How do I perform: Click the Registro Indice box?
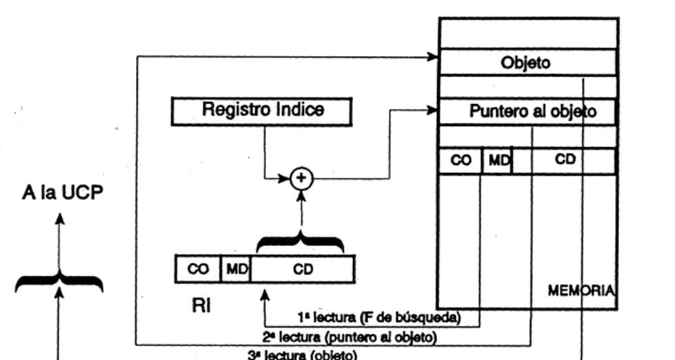pyautogui.click(x=261, y=111)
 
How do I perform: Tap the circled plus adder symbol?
pyautogui.click(x=301, y=179)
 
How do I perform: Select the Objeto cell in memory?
pyautogui.click(x=526, y=62)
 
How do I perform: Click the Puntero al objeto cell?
pyautogui.click(x=532, y=112)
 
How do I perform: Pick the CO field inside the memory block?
pyautogui.click(x=461, y=160)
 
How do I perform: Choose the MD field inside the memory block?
pyautogui.click(x=498, y=160)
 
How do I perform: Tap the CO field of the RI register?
pyautogui.click(x=198, y=270)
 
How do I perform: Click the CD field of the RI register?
pyautogui.click(x=303, y=270)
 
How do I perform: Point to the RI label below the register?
pyautogui.click(x=201, y=304)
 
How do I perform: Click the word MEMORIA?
pyautogui.click(x=581, y=290)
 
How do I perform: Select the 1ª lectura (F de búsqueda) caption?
pyautogui.click(x=379, y=318)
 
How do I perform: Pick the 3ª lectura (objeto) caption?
pyautogui.click(x=303, y=354)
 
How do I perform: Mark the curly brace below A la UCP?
pyautogui.click(x=59, y=281)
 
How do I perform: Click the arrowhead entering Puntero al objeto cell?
pyautogui.click(x=433, y=109)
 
